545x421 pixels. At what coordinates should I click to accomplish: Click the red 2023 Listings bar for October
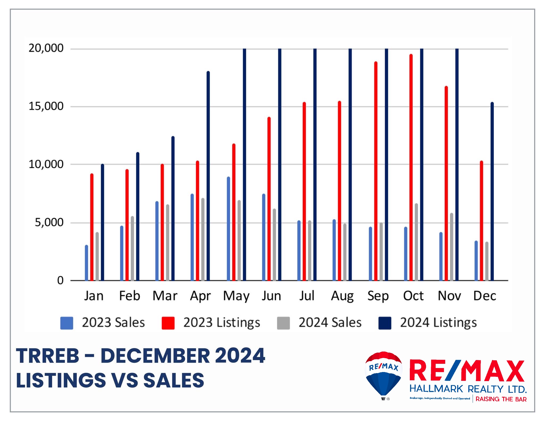(411, 168)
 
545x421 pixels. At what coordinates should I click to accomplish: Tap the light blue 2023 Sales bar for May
(228, 229)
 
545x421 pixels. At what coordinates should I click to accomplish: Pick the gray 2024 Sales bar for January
(97, 257)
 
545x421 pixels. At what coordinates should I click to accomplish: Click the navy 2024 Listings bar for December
(492, 192)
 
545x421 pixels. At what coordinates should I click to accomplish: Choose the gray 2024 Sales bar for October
(416, 242)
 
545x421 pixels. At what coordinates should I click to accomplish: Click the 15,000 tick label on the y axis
(46, 106)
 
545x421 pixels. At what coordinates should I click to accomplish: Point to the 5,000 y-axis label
(49, 222)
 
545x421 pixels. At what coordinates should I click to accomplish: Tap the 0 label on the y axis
(60, 280)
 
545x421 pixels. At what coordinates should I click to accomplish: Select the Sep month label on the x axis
(378, 296)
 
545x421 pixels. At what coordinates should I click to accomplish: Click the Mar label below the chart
(165, 296)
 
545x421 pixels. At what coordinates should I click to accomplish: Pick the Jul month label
(307, 296)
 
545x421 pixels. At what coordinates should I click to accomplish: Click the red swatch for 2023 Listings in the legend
(168, 323)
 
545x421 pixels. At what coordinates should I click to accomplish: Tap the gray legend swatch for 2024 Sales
(283, 323)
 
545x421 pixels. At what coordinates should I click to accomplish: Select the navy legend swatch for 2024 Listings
(385, 323)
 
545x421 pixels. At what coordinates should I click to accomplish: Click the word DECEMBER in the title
(155, 356)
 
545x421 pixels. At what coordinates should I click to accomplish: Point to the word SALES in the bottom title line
(174, 380)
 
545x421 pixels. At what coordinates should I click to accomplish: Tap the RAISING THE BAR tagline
(501, 399)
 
